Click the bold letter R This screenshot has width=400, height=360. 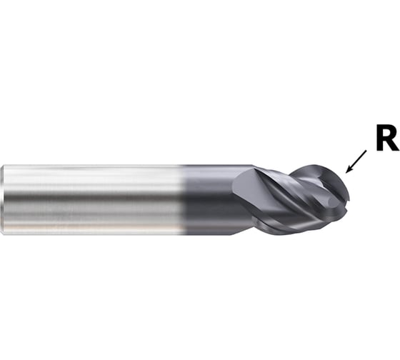(387, 139)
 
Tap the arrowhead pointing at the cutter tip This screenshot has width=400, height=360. (348, 171)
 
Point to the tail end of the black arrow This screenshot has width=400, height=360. (366, 151)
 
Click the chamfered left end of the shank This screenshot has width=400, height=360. (2, 200)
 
